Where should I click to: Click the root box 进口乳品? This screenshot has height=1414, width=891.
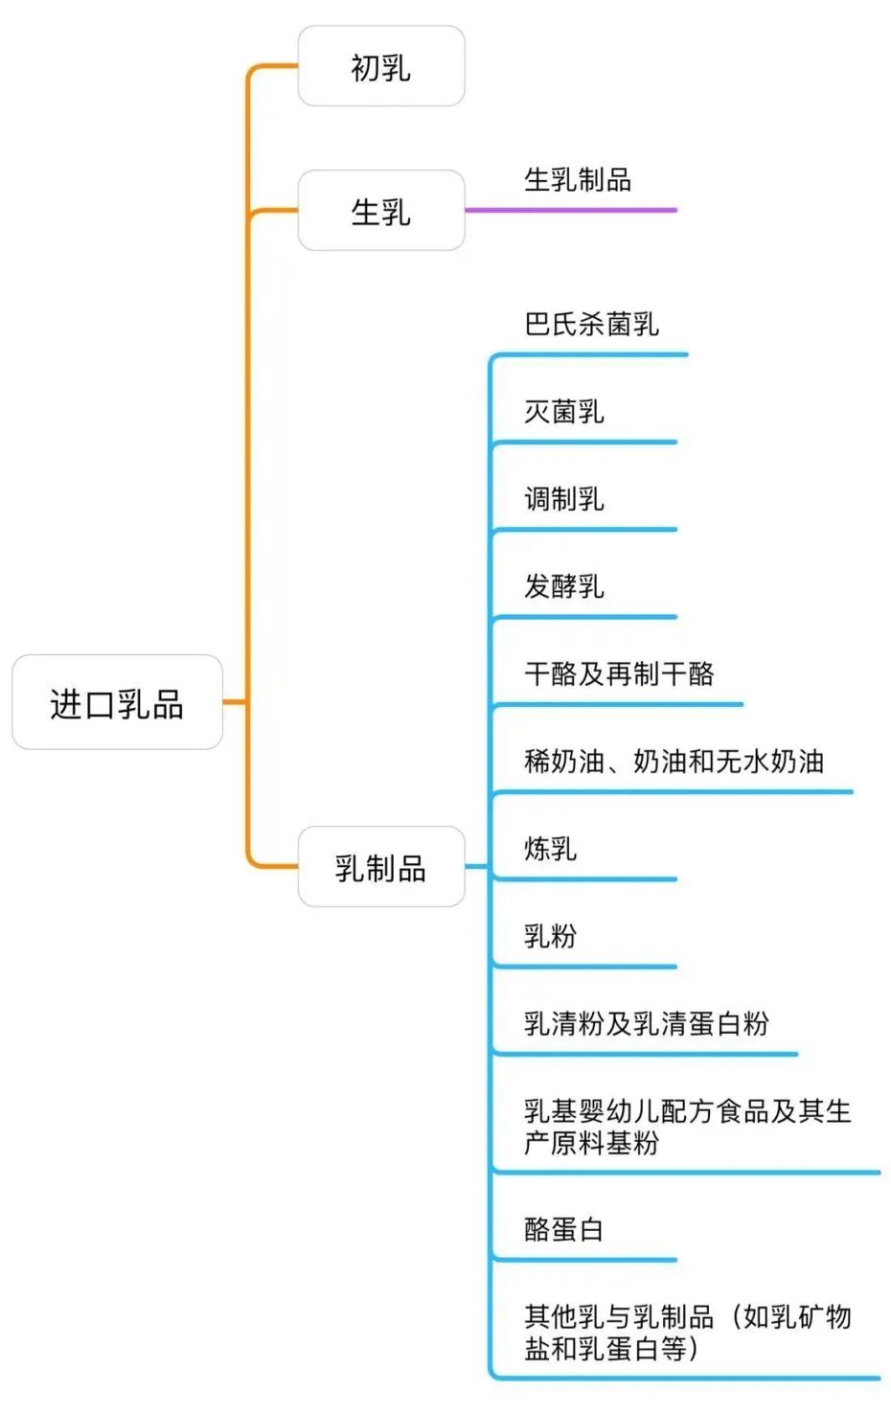pyautogui.click(x=117, y=703)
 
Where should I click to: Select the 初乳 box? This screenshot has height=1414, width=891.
pyautogui.click(x=380, y=67)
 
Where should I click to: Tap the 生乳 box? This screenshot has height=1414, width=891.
pyautogui.click(x=380, y=211)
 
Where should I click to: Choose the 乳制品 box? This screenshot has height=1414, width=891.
pyautogui.click(x=380, y=867)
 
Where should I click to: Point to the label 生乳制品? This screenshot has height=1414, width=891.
pyautogui.click(x=577, y=179)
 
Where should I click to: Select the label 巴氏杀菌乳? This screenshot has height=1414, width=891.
pyautogui.click(x=591, y=324)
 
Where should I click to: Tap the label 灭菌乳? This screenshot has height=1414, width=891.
pyautogui.click(x=563, y=411)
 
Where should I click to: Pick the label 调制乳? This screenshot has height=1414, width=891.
pyautogui.click(x=563, y=498)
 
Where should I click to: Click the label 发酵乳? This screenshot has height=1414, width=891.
pyautogui.click(x=563, y=585)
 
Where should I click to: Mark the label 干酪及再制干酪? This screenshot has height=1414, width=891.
pyautogui.click(x=619, y=673)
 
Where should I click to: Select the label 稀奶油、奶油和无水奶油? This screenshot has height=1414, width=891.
pyautogui.click(x=674, y=761)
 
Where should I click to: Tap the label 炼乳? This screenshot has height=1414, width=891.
pyautogui.click(x=550, y=848)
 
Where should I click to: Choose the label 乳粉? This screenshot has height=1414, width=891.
pyautogui.click(x=550, y=935)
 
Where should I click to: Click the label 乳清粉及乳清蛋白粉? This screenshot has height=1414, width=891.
pyautogui.click(x=646, y=1023)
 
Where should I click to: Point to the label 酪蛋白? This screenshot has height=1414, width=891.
pyautogui.click(x=563, y=1228)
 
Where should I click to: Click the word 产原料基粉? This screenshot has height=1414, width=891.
pyautogui.click(x=591, y=1142)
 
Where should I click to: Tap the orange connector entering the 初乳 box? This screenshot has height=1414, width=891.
pyautogui.click(x=273, y=66)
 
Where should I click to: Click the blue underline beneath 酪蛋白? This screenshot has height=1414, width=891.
pyautogui.click(x=584, y=1260)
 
